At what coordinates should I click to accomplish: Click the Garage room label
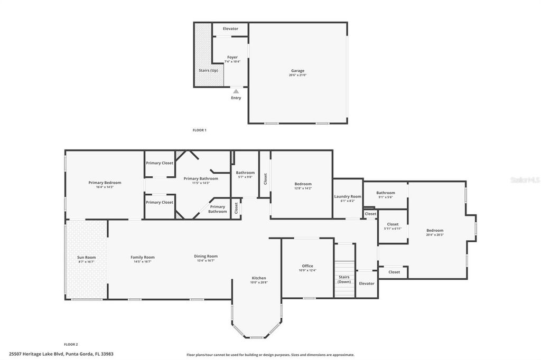click(x=297, y=71)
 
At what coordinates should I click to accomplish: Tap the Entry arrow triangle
click(x=236, y=91)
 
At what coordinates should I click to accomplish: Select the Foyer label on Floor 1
click(x=232, y=57)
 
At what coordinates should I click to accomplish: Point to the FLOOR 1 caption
click(x=199, y=130)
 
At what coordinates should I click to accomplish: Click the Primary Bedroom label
click(x=105, y=183)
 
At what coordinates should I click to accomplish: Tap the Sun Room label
click(x=86, y=257)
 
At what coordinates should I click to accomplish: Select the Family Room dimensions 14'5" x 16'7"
click(x=143, y=261)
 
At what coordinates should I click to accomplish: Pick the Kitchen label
click(x=259, y=278)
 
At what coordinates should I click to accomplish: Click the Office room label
click(x=307, y=266)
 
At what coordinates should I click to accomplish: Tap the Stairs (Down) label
click(x=344, y=279)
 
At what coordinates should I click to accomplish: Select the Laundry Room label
click(x=348, y=196)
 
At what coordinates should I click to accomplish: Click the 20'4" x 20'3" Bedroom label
click(x=435, y=230)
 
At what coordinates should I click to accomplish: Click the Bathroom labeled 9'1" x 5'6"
click(x=386, y=193)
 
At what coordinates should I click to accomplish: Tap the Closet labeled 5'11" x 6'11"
click(x=393, y=224)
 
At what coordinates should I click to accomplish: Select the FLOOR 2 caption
click(x=71, y=344)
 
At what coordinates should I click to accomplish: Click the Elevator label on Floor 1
click(x=230, y=29)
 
